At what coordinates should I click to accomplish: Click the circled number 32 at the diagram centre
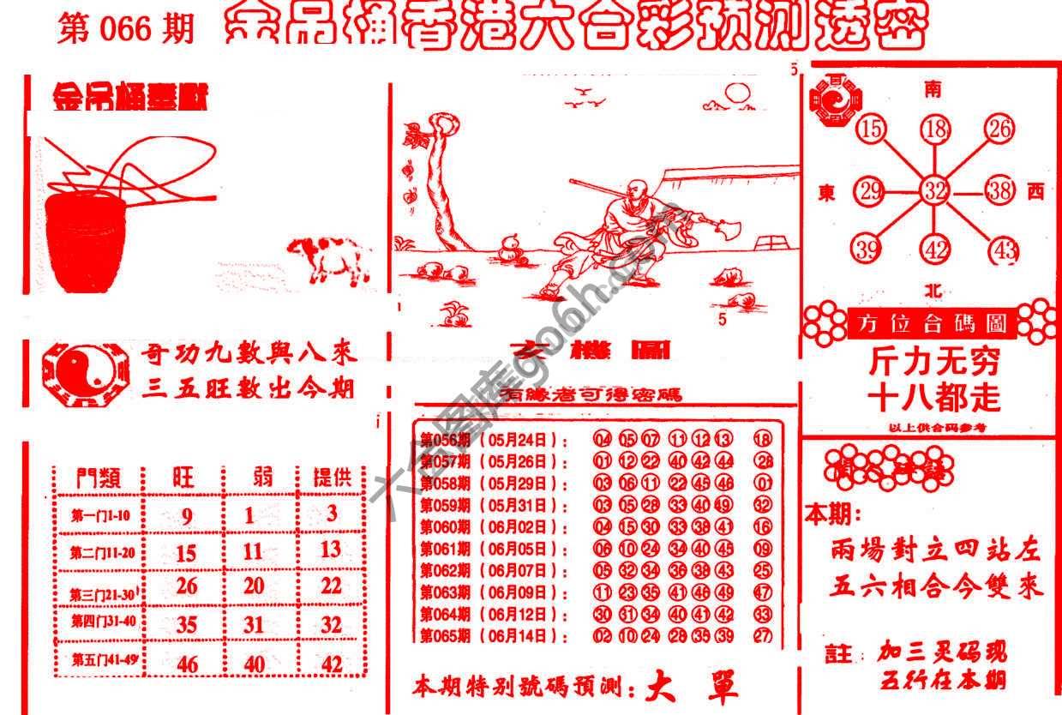point(933,191)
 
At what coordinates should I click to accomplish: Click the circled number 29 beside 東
point(871,191)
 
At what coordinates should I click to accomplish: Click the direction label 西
point(1035,193)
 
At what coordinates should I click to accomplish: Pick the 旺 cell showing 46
point(186,664)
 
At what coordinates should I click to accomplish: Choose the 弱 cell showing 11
point(252,552)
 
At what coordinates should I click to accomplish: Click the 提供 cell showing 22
point(331,587)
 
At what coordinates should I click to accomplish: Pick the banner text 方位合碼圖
point(933,325)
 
